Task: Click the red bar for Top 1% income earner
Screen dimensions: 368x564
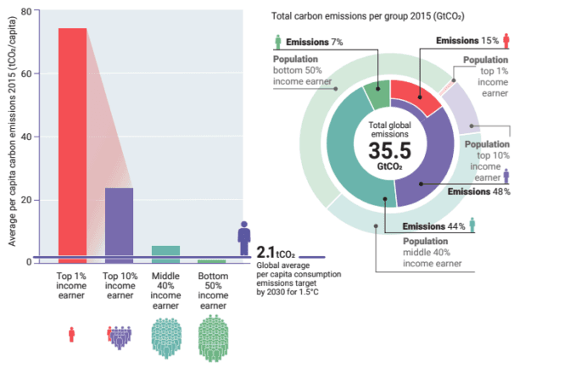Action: click(72, 144)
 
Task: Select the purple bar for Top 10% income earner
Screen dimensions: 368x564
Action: click(119, 225)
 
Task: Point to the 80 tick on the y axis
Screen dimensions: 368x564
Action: click(26, 12)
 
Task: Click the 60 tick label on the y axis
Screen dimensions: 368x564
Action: click(26, 74)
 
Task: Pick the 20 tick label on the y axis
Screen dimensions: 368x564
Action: click(26, 200)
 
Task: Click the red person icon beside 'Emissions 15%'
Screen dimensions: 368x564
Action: click(505, 41)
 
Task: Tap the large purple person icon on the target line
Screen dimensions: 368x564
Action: click(244, 236)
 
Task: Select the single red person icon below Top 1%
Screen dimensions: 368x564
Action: click(71, 334)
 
